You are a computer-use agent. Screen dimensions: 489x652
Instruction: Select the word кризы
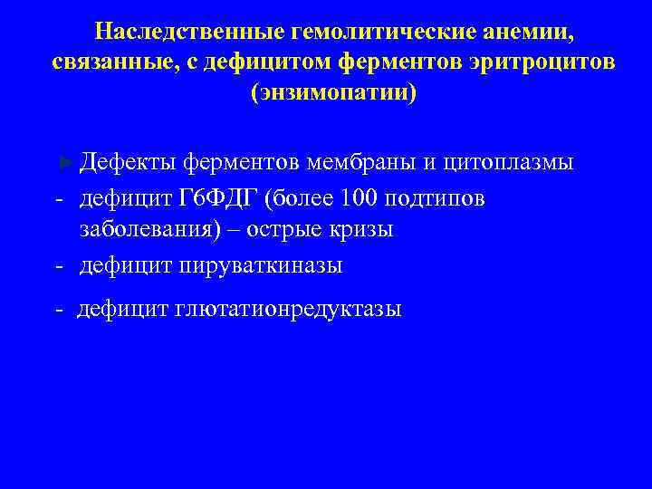(361, 230)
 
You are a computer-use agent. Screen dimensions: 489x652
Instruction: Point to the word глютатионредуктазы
(283, 310)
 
